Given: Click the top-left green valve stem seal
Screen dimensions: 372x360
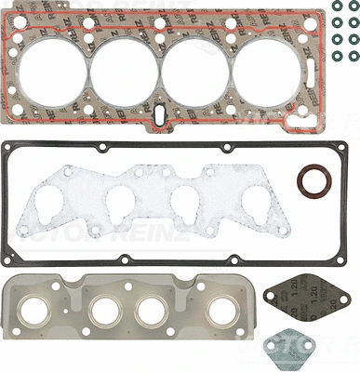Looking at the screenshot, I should [335, 9].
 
